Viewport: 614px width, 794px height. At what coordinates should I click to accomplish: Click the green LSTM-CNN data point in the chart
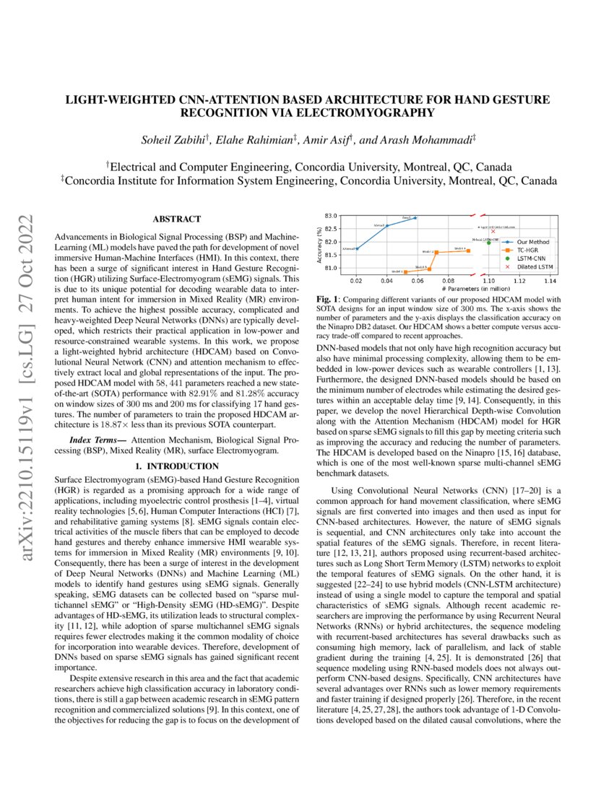tap(489, 243)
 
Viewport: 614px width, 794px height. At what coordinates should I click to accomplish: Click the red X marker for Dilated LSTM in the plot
tap(493, 231)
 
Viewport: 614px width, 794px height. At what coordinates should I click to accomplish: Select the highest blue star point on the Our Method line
tap(415, 217)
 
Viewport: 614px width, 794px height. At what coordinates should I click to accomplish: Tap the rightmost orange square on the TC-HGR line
tap(468, 250)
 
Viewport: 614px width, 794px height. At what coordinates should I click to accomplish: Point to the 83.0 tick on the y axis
tap(333, 216)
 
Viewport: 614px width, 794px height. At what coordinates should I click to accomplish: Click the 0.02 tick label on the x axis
tap(357, 279)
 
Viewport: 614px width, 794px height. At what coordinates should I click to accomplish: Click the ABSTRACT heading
tap(177, 219)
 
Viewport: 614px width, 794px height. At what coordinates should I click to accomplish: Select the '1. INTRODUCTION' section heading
tap(177, 466)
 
